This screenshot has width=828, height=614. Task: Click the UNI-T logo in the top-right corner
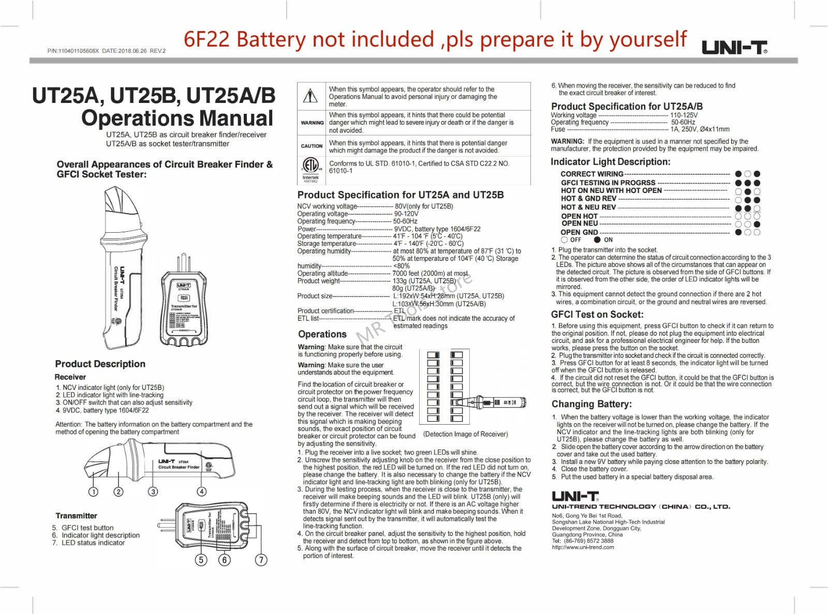734,48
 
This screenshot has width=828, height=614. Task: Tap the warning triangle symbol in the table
310,96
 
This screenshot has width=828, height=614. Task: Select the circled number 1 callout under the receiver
93,492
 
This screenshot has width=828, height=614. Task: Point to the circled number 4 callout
202,492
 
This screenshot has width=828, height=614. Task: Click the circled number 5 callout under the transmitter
201,560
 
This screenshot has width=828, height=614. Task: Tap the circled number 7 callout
261,560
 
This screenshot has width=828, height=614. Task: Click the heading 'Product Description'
100,364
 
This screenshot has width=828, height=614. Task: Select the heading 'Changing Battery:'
592,404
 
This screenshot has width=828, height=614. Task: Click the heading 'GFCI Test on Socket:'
597,315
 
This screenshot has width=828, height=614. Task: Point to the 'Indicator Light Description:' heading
610,162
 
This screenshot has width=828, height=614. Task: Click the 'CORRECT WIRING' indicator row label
592,174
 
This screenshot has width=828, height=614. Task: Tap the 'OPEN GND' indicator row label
579,232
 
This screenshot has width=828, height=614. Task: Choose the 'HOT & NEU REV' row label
588,207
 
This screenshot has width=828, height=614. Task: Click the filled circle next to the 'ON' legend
597,239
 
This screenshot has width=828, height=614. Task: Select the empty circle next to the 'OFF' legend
564,239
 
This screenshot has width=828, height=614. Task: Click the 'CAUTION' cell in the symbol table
312,146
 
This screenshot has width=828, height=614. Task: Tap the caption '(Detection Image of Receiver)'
465,434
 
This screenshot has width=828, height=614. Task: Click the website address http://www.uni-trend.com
583,547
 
